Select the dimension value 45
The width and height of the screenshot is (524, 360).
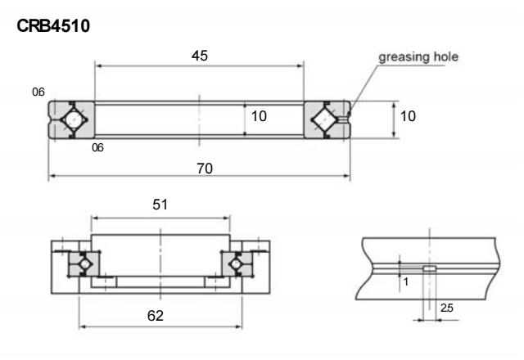point(199,56)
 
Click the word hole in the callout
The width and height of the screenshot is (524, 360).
point(444,57)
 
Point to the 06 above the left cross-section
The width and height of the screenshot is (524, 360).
point(37,91)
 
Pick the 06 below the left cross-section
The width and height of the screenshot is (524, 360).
point(97,148)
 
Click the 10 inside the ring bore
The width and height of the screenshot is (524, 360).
point(259,117)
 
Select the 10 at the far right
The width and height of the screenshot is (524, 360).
point(407,117)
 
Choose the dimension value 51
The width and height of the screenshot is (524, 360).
point(160,205)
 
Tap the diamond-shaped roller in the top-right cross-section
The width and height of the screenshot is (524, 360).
point(325,119)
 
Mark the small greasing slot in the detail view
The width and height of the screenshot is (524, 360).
point(428,268)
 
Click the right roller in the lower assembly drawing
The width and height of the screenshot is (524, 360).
point(237,263)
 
